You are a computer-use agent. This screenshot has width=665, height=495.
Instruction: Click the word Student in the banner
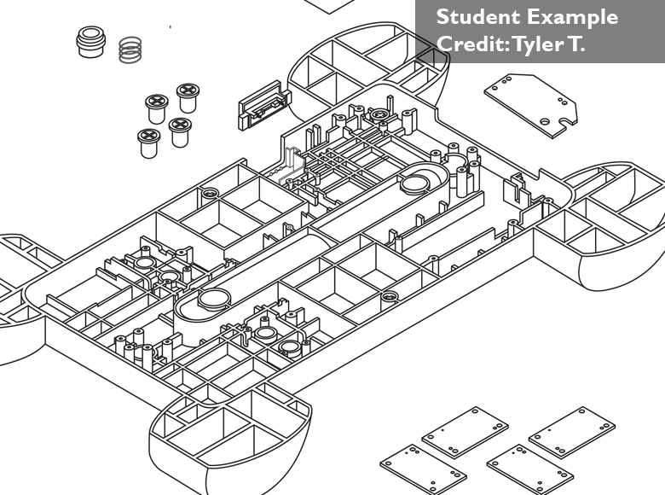click(472, 17)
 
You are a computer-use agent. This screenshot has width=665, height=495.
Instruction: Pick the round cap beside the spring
click(89, 42)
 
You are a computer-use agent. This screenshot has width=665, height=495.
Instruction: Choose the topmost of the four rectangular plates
click(465, 430)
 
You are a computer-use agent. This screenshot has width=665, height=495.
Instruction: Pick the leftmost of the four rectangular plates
click(411, 468)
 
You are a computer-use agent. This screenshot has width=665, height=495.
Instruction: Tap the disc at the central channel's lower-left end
click(213, 298)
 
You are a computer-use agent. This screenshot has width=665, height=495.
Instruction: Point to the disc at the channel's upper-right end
click(419, 182)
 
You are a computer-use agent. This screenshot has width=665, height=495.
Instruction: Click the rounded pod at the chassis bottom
click(228, 436)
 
